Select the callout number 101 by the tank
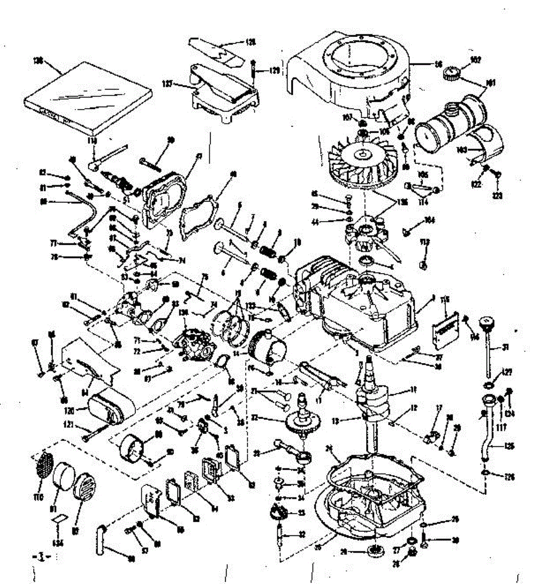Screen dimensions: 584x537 491,83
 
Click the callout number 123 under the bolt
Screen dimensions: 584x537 497,196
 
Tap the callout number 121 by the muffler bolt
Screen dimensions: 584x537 68,425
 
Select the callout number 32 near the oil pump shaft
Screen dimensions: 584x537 302,534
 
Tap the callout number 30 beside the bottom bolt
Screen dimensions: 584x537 456,539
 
